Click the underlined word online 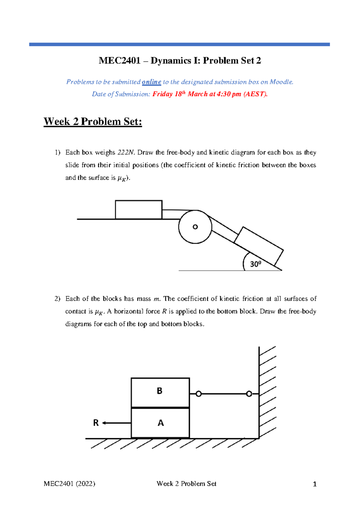click(151, 82)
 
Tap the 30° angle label click(256, 264)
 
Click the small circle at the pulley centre click(195, 227)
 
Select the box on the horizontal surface click(139, 210)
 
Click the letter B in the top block click(160, 391)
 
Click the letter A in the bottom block click(161, 423)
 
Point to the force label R click(96, 423)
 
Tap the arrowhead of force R click(104, 423)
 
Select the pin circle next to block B click(199, 394)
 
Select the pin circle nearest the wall click(249, 394)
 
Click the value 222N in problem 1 click(126, 153)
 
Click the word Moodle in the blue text click(281, 82)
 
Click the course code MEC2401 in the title click(120, 61)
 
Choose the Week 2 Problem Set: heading click(93, 122)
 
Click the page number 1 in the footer click(315, 484)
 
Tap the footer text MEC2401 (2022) click(69, 484)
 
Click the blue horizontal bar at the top click(179, 44)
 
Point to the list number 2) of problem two click(57, 299)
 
